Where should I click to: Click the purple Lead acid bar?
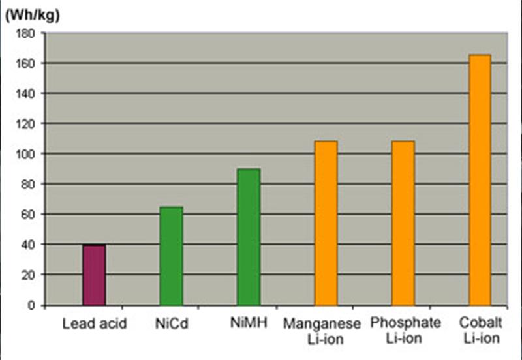(x=95, y=275)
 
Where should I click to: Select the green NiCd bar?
(x=172, y=256)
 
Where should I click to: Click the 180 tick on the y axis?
(x=24, y=33)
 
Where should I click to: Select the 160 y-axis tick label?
(x=24, y=63)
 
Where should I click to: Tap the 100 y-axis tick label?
(x=24, y=154)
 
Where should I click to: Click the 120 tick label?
(x=24, y=124)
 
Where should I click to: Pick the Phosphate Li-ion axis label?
(x=405, y=330)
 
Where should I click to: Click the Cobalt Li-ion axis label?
(x=480, y=330)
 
